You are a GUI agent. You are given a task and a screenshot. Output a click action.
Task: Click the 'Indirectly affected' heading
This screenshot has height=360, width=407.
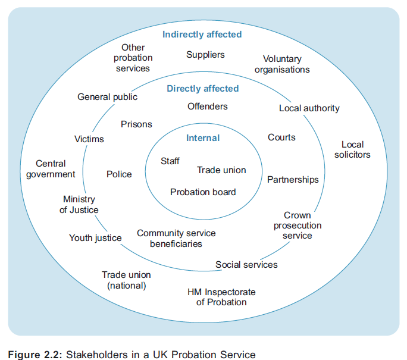click(x=202, y=35)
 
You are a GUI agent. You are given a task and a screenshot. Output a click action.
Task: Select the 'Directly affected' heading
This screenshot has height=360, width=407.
click(x=203, y=89)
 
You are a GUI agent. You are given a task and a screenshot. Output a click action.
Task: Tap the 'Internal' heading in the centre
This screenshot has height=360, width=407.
click(x=203, y=138)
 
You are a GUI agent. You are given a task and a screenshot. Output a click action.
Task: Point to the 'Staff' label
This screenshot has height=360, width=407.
click(x=170, y=161)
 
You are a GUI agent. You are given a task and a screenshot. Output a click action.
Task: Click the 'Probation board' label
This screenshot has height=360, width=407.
click(x=203, y=192)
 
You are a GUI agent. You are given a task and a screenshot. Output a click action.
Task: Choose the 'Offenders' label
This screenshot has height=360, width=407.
click(x=208, y=107)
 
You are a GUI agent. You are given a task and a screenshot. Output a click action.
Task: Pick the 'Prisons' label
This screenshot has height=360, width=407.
click(x=136, y=124)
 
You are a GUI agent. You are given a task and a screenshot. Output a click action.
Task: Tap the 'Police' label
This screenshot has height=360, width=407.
click(x=119, y=174)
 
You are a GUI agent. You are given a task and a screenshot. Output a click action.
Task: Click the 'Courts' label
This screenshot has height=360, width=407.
click(x=281, y=137)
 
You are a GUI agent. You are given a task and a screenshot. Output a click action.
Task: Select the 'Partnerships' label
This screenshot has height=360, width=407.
click(x=293, y=179)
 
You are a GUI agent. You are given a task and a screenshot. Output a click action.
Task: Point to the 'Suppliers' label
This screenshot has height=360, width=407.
click(x=205, y=55)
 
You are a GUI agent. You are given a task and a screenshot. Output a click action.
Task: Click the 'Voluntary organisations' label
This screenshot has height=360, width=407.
click(x=282, y=64)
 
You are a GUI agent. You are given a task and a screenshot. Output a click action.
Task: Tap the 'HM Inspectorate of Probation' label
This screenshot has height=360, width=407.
click(x=221, y=297)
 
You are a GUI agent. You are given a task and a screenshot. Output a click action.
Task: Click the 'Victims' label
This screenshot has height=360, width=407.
click(x=89, y=139)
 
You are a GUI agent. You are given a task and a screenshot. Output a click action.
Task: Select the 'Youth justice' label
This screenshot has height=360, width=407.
click(x=95, y=238)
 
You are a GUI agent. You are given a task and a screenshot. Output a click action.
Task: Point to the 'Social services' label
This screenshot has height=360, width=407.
click(x=246, y=264)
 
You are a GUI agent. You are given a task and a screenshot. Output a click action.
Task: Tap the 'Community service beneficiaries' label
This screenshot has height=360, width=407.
click(x=176, y=238)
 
